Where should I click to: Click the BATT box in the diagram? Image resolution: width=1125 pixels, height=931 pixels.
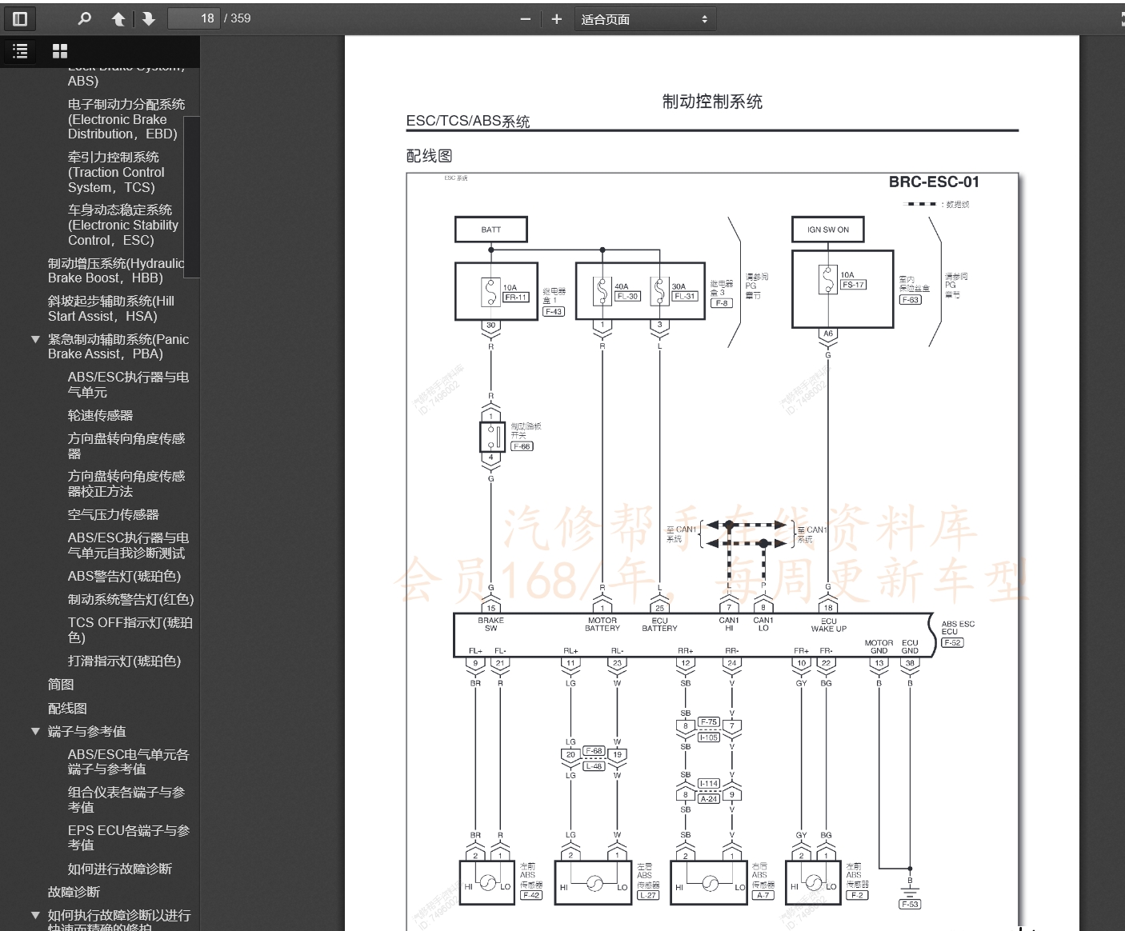click(x=490, y=230)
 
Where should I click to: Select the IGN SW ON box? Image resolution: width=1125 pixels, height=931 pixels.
click(x=827, y=230)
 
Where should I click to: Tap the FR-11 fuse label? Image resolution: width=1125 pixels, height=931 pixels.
click(x=516, y=297)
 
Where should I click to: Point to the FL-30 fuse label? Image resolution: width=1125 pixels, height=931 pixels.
click(x=627, y=296)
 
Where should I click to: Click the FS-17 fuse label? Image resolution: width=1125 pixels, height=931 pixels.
click(x=854, y=285)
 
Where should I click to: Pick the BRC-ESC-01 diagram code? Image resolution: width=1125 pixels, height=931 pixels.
click(x=933, y=182)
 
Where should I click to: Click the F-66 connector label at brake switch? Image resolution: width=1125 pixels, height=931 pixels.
click(x=522, y=446)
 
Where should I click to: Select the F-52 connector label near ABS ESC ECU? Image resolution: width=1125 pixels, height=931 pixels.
click(x=952, y=642)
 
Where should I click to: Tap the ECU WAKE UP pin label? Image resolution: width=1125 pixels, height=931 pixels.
click(x=828, y=625)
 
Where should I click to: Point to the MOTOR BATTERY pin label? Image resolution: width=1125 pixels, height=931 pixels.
click(x=603, y=625)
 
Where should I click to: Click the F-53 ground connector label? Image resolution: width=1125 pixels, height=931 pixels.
click(x=910, y=904)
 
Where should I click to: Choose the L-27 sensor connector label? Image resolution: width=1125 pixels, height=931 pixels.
click(x=648, y=895)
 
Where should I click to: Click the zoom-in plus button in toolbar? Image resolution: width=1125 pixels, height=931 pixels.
click(x=557, y=19)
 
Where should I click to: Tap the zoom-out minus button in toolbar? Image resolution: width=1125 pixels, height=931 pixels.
click(x=525, y=19)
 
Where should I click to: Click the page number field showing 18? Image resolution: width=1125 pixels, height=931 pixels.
click(x=194, y=18)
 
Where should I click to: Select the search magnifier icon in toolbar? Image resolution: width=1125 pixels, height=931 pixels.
click(x=85, y=18)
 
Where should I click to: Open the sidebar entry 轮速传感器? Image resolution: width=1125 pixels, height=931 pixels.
click(x=101, y=415)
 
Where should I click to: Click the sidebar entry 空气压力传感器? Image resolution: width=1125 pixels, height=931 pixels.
click(x=114, y=514)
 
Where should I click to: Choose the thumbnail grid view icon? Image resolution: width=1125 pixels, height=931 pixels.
click(x=60, y=51)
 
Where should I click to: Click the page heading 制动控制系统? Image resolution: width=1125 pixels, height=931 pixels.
click(x=712, y=102)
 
